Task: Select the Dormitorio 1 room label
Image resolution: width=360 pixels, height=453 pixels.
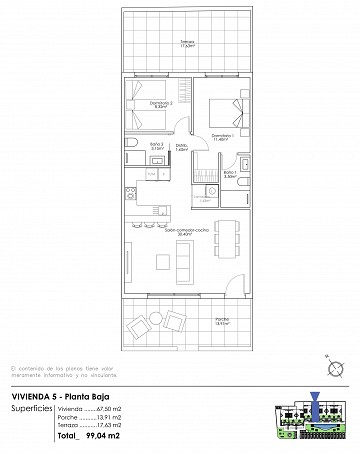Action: point(222,137)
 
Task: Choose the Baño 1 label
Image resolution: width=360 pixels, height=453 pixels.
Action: point(229,175)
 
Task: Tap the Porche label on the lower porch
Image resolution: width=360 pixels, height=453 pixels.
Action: point(222,321)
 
